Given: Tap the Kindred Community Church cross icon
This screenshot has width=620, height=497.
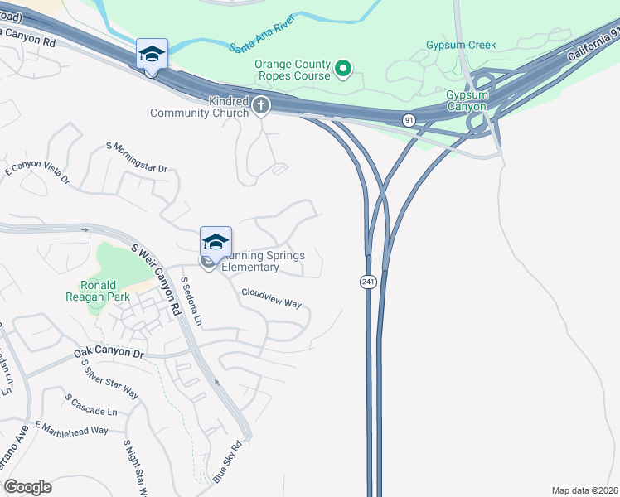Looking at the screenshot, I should pos(261,105).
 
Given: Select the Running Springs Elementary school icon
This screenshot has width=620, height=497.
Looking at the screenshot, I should pos(216,242).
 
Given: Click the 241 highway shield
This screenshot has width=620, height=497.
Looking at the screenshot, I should pos(366,282).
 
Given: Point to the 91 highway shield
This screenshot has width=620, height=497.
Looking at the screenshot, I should pos(409,120).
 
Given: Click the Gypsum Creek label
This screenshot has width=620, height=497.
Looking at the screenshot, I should pos(461,45).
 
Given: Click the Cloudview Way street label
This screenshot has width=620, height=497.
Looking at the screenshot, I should pos(271,297).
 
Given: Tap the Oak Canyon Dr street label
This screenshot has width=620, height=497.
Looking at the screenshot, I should pos(109,352).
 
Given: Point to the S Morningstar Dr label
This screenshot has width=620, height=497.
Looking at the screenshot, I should pos(137,157).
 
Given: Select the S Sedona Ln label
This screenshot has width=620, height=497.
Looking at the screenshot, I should pos(191,300).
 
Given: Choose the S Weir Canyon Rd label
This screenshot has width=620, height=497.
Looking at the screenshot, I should pos(156,277).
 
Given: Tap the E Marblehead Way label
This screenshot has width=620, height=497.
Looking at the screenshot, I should pos(72,430).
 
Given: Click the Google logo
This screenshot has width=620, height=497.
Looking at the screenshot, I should pos(27,487).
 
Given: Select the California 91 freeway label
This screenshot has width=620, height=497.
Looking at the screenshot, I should pos(593,47).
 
